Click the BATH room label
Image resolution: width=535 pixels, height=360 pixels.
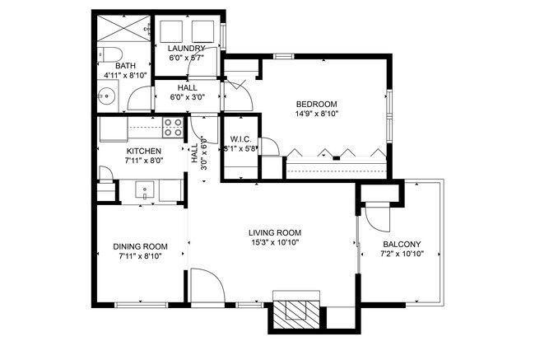(126, 65)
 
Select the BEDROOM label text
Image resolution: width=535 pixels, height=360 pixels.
(316, 104)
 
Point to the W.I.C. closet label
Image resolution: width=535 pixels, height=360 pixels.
(240, 138)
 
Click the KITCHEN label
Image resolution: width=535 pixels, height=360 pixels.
(143, 152)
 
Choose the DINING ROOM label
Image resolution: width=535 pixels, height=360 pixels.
(140, 246)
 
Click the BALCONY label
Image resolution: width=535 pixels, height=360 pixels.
(402, 245)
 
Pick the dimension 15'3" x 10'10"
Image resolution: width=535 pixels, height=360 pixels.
(274, 243)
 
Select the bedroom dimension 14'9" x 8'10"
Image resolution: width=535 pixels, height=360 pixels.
(316, 114)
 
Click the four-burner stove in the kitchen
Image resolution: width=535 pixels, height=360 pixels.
(173, 128)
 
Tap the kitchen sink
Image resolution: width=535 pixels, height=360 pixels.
(145, 191)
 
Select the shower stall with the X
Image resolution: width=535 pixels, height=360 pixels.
(121, 28)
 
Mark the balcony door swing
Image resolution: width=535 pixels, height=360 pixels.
(376, 217)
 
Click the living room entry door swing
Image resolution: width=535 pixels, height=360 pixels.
(206, 286)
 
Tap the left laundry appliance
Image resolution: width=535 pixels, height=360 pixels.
(170, 31)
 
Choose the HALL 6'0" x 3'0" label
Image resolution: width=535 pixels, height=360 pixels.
(187, 92)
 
